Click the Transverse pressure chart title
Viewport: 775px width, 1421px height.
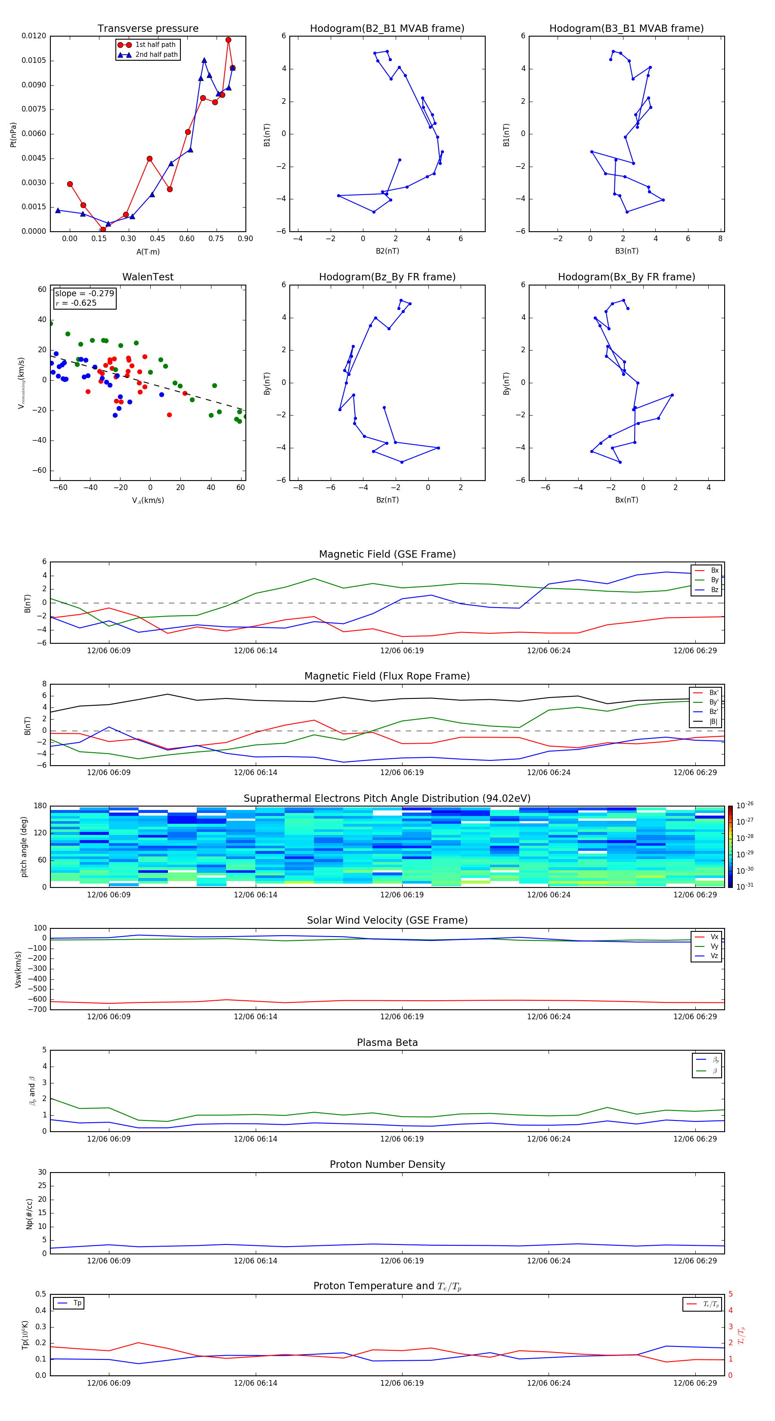click(x=148, y=29)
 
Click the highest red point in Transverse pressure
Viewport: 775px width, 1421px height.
click(x=228, y=40)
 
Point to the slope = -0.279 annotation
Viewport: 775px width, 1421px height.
click(x=84, y=294)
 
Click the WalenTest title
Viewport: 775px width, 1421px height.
click(x=148, y=277)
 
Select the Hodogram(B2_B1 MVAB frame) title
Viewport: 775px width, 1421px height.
click(x=387, y=29)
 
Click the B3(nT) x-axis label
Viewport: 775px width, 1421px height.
click(x=626, y=251)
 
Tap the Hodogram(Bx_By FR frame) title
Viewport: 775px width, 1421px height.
click(x=626, y=277)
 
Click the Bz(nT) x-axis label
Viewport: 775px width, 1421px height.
click(x=387, y=500)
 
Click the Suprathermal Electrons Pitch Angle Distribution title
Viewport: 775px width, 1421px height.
click(x=387, y=798)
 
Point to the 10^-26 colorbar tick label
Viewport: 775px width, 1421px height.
click(x=745, y=805)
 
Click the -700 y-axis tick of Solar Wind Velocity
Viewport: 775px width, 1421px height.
click(x=39, y=1009)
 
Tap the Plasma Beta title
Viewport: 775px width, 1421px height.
click(x=387, y=1042)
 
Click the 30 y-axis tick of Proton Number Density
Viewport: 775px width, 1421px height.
click(x=42, y=1172)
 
